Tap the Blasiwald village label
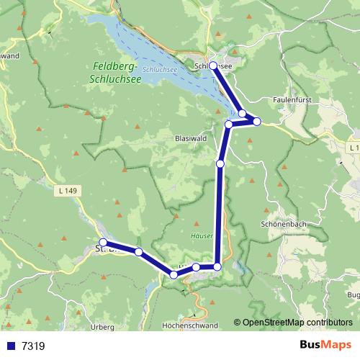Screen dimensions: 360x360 [190, 138]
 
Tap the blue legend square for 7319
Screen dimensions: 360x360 [10, 346]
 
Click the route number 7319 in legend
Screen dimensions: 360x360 [33, 346]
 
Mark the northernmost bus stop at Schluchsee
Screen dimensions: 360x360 [213, 65]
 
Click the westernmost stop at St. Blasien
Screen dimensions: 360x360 [103, 243]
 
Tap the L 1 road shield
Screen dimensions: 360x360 [352, 148]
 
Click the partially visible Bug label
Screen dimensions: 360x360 [353, 295]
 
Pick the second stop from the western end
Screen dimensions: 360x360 [138, 252]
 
